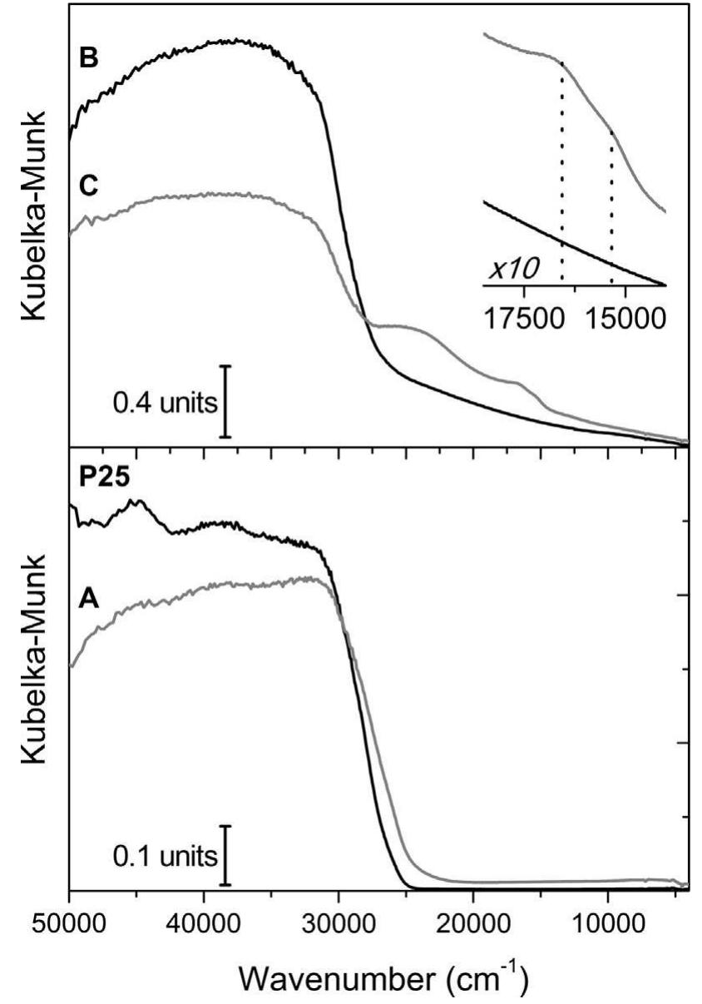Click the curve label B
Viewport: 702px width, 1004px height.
88,62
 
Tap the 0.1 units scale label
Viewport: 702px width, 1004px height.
166,855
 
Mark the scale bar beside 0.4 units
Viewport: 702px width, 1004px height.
226,401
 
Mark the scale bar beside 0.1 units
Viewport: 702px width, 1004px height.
226,855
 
